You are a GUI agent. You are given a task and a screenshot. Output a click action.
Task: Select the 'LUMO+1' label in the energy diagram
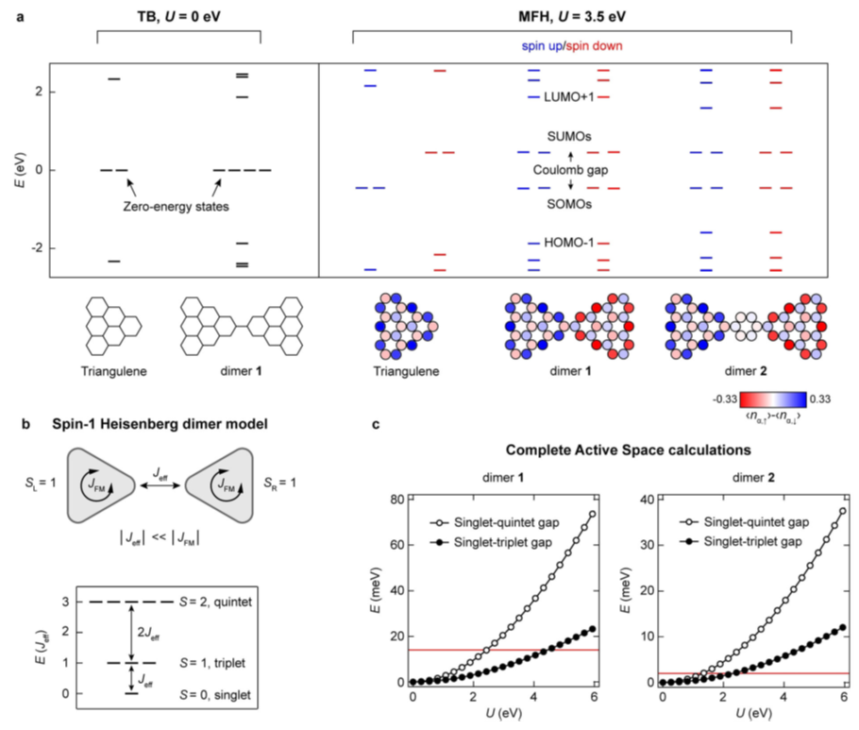coord(570,97)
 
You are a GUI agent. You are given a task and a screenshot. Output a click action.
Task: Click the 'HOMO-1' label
coord(570,243)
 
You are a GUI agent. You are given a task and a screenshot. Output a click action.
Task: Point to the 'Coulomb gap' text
coord(570,170)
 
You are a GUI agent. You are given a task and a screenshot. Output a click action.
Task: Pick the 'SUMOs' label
coord(570,137)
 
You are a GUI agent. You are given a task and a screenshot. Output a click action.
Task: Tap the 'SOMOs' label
coord(570,204)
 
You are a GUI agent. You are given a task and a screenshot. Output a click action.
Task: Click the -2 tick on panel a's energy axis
coord(36,248)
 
